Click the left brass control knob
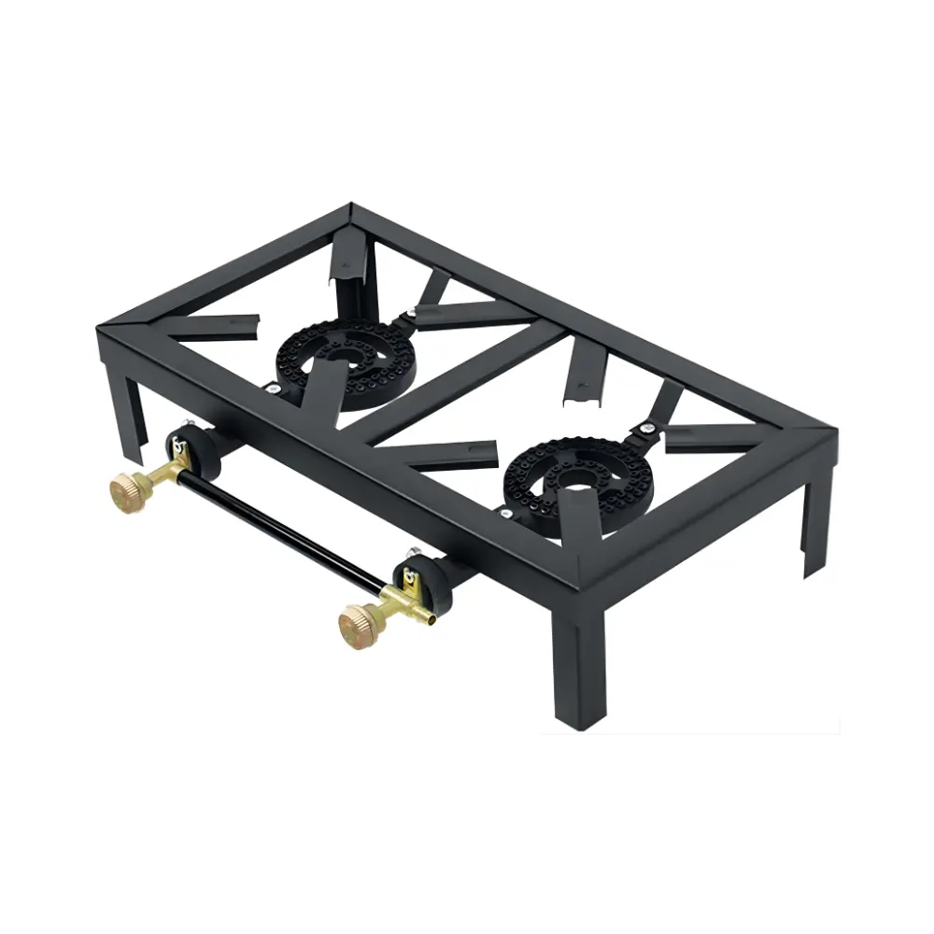point(126,487)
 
